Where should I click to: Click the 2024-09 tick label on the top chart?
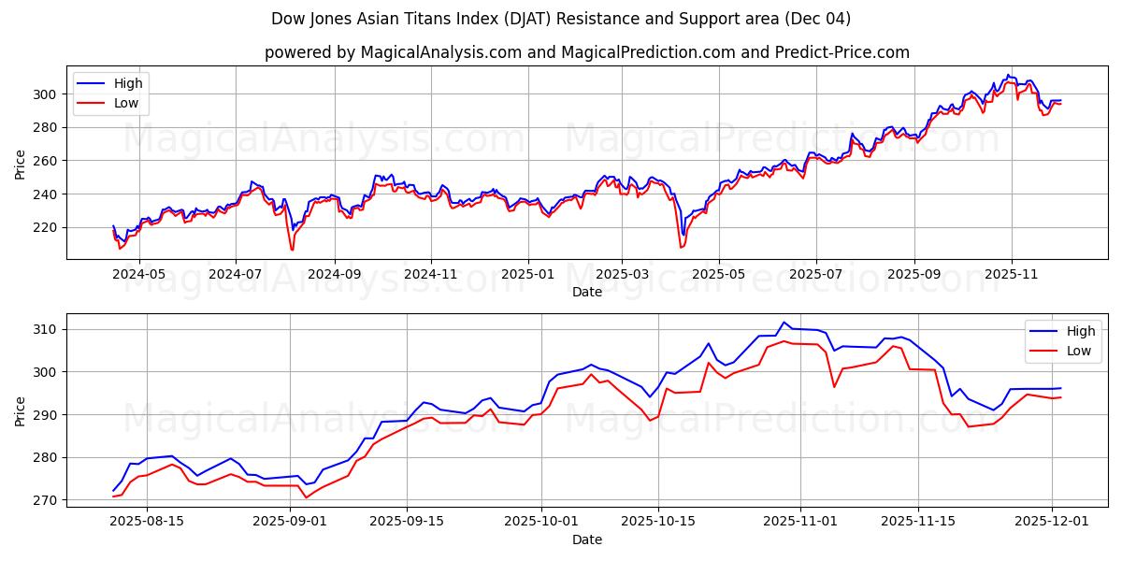pyautogui.click(x=334, y=274)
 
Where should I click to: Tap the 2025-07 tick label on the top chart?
pyautogui.click(x=816, y=274)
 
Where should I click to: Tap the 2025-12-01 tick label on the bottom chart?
pyautogui.click(x=1052, y=521)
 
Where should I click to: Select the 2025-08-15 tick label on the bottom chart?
pyautogui.click(x=146, y=521)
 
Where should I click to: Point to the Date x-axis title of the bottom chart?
pyautogui.click(x=586, y=539)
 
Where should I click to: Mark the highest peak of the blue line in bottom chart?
pyautogui.click(x=784, y=323)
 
